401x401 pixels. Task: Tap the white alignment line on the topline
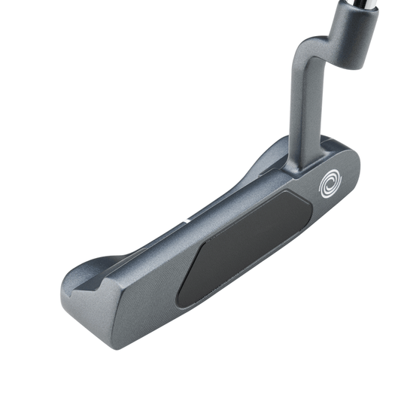click(186, 223)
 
